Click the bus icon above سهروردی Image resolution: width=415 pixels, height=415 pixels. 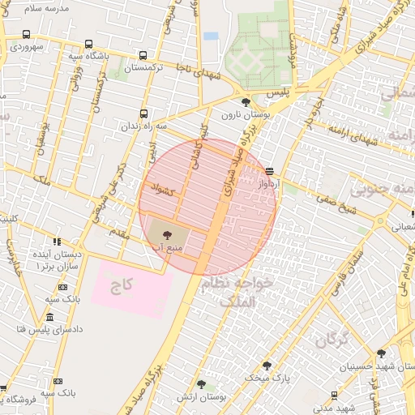click(27, 35)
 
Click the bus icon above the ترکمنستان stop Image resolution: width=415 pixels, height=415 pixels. click(143, 56)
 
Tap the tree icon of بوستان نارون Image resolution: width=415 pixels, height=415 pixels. click(246, 102)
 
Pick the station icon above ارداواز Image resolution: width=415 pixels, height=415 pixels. click(269, 171)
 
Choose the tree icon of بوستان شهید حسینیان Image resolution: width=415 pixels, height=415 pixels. click(381, 353)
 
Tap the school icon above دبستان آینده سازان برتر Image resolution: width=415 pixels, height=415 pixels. click(57, 241)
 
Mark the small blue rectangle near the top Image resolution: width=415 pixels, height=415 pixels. click(211, 36)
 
